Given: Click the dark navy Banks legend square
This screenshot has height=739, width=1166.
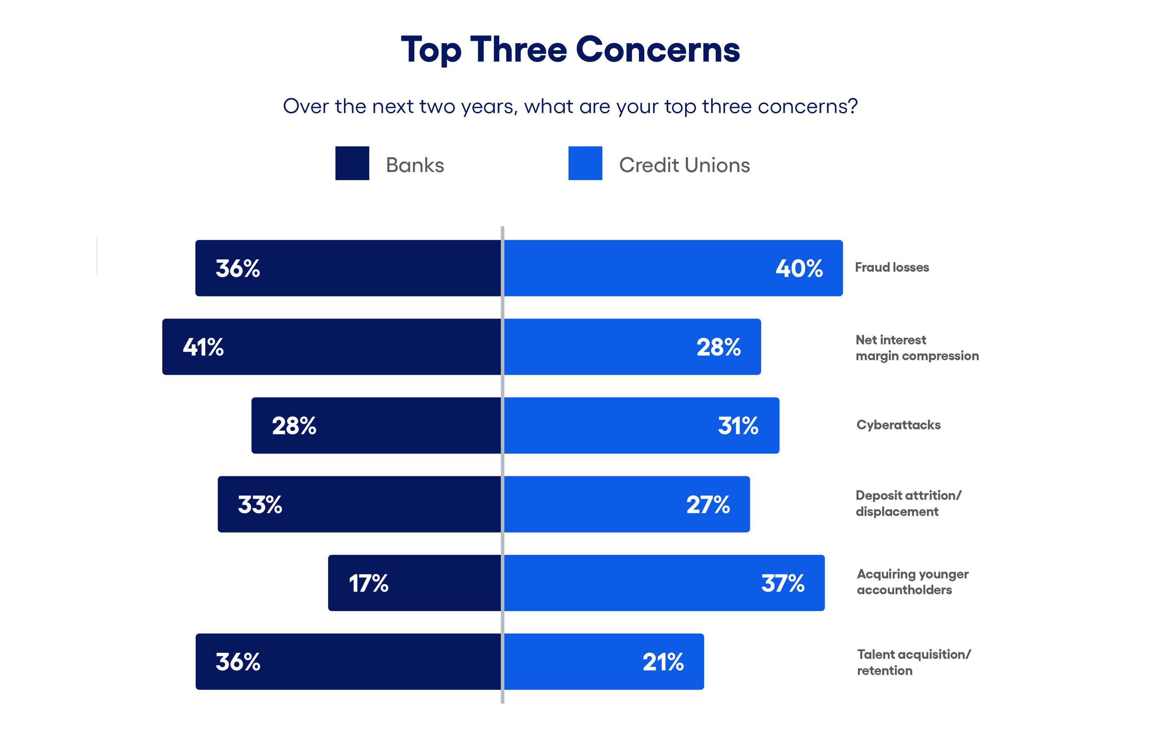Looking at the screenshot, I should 352,163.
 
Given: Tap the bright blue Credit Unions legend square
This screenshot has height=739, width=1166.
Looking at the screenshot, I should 585,163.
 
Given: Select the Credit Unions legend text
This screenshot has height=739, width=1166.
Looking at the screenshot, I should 684,165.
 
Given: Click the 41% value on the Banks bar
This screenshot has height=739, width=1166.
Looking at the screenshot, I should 203,347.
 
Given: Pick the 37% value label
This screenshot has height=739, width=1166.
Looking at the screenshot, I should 783,583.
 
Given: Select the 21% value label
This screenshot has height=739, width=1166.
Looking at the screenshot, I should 663,662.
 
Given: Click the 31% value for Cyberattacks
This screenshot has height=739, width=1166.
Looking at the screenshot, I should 738,426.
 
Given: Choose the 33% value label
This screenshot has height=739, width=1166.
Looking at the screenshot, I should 259,505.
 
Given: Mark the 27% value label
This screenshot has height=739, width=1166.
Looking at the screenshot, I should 708,505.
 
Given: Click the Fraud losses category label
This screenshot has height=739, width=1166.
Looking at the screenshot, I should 891,267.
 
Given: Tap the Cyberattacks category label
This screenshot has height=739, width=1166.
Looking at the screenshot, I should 898,425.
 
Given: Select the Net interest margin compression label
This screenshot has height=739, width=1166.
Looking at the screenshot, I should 917,348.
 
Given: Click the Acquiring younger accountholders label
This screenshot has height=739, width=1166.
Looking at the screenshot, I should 912,582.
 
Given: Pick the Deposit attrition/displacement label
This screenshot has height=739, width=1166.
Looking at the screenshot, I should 908,503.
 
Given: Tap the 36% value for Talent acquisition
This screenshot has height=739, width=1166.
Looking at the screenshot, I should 238,662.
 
